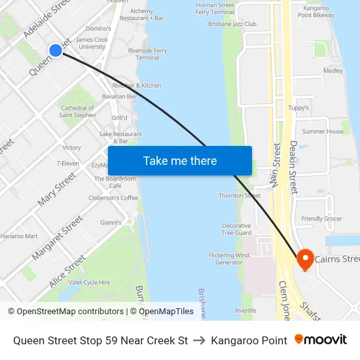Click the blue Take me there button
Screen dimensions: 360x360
pos(179,160)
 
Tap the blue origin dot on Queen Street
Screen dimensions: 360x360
pos(56,50)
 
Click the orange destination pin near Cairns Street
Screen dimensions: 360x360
pos(304,259)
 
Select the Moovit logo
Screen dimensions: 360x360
pos(320,340)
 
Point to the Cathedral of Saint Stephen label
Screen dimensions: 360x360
pos(77,111)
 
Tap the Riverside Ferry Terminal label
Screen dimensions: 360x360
pos(147,54)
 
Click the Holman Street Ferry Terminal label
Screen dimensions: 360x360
pos(215,9)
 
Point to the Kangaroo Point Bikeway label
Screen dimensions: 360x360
pos(317,11)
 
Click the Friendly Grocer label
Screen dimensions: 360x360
pos(321,219)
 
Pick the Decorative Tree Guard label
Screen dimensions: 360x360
pos(236,229)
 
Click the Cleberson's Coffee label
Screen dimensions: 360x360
pos(113,198)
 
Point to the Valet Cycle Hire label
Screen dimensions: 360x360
pos(89,282)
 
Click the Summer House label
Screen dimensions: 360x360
pos(322,132)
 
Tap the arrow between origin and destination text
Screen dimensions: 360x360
pos(199,340)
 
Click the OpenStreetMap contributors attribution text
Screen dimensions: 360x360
pos(70,312)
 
